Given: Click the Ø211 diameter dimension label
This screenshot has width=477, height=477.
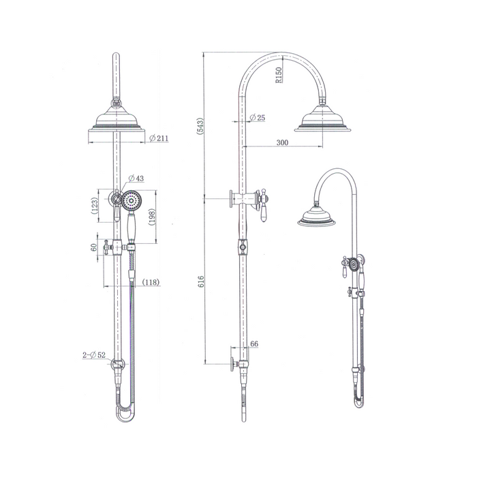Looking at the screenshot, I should coord(159,138).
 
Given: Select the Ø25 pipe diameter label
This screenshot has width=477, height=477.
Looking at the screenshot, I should coord(257,118).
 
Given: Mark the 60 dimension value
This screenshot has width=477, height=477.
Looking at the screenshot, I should coord(94,247).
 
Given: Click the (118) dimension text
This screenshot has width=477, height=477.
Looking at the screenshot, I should coord(151,282).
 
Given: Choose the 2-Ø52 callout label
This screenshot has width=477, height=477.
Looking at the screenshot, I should coord(94,356).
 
